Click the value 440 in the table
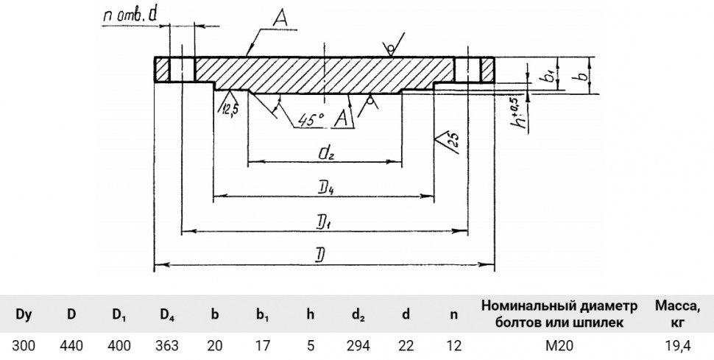(x=71, y=346)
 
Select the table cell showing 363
(x=166, y=346)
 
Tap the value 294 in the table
(x=358, y=346)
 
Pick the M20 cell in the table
(x=559, y=346)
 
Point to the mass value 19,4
(x=678, y=346)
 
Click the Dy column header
(x=24, y=314)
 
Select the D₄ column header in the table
(x=167, y=315)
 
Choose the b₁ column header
(x=262, y=315)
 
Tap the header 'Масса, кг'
(x=678, y=314)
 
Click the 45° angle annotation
(x=311, y=119)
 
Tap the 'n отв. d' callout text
(x=130, y=16)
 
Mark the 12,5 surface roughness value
(x=230, y=108)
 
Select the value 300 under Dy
(x=24, y=346)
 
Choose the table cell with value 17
(x=262, y=346)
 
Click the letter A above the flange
(x=281, y=18)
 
